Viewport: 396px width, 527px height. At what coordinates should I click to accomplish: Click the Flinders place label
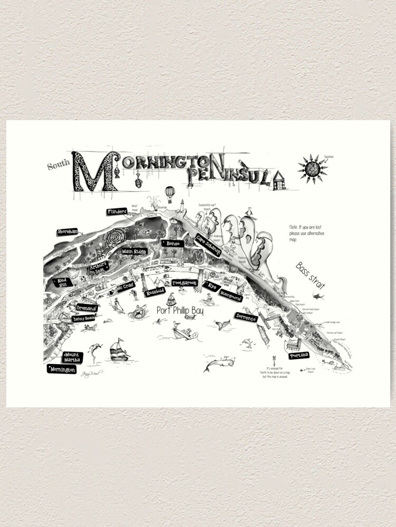(x=117, y=212)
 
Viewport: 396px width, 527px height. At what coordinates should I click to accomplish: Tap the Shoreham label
(x=68, y=232)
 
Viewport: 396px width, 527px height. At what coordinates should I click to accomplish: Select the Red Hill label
(x=62, y=282)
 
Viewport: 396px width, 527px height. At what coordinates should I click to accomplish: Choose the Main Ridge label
(x=134, y=252)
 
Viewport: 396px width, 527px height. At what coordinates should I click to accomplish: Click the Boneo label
(x=173, y=244)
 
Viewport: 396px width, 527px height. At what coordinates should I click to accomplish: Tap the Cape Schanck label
(x=208, y=245)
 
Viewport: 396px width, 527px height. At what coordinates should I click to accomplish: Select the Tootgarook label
(x=184, y=283)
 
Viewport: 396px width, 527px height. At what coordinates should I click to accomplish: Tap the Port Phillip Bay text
(x=180, y=310)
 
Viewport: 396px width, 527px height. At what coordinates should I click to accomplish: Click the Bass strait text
(x=310, y=275)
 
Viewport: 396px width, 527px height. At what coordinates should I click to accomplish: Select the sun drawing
(x=312, y=170)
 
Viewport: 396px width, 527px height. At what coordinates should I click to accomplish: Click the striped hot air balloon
(x=169, y=193)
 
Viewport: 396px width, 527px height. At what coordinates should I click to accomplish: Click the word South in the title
(x=58, y=166)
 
